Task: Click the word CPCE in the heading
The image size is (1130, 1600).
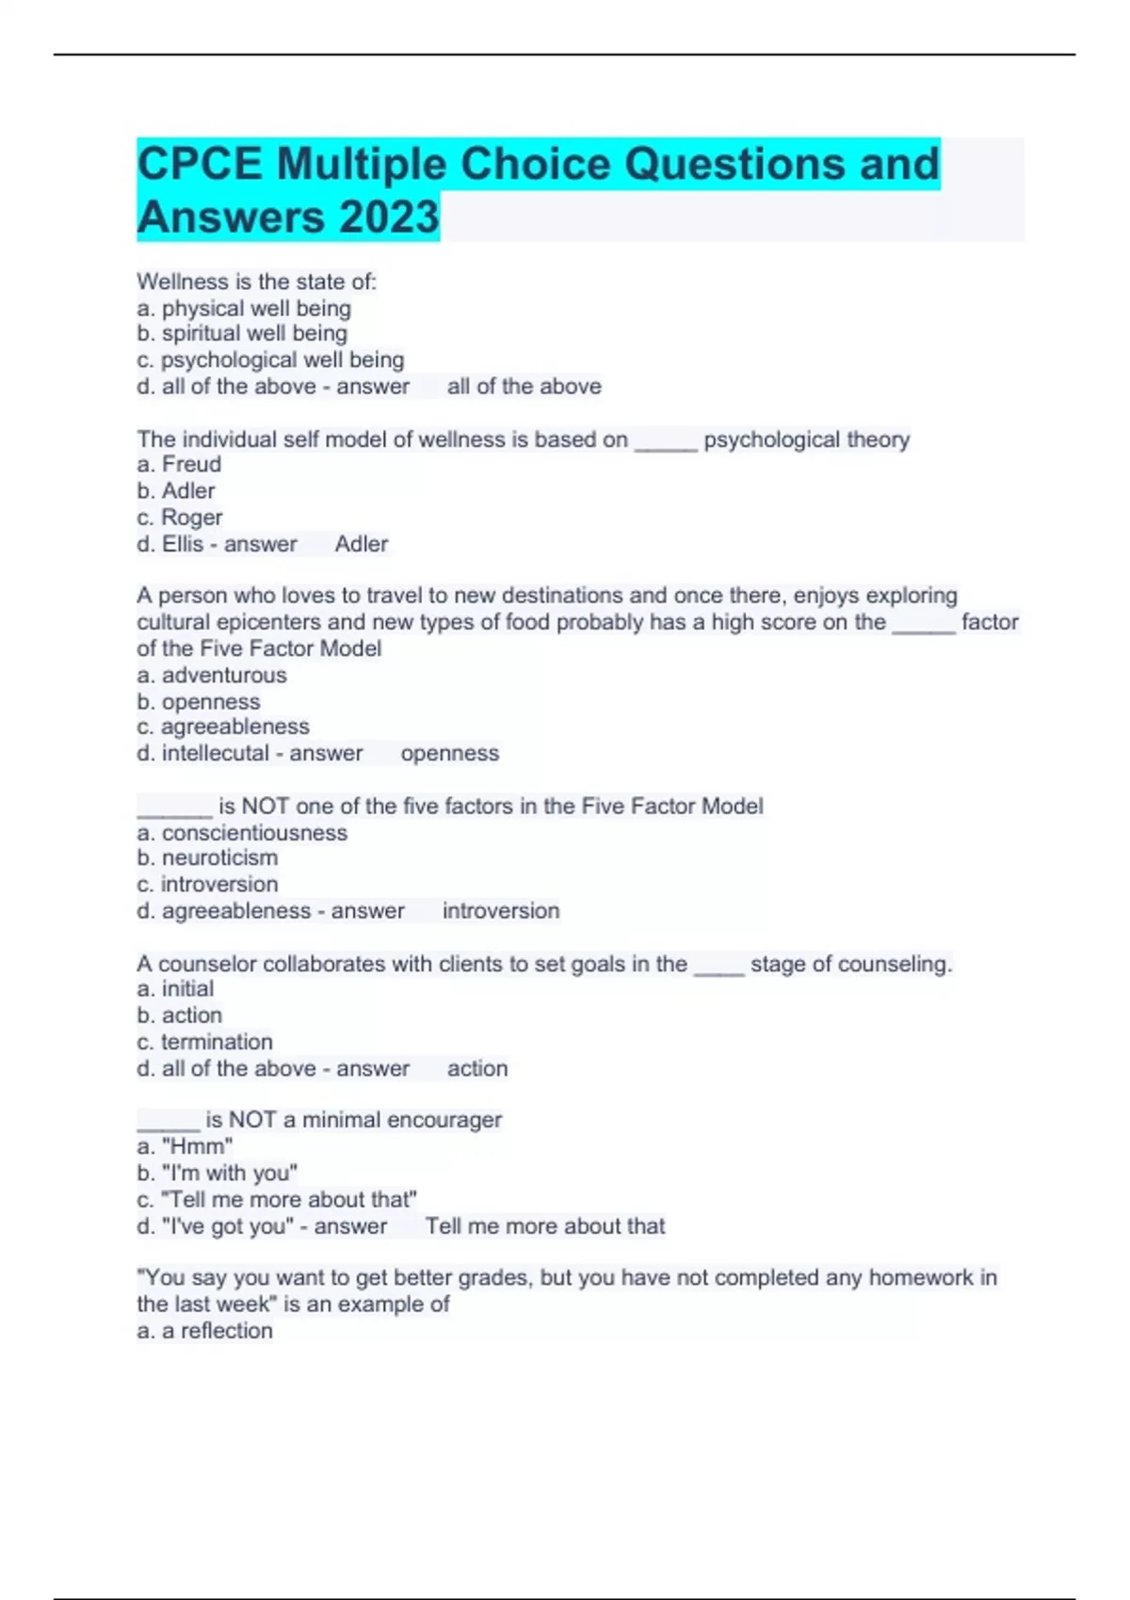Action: point(200,164)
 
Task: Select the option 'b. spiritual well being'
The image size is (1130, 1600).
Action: point(242,333)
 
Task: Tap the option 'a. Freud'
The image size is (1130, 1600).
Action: point(179,464)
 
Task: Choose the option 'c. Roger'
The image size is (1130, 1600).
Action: point(179,518)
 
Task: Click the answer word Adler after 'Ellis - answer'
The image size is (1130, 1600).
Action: point(362,544)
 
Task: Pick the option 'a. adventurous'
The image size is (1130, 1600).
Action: point(212,675)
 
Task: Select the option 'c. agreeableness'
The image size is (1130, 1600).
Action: point(223,727)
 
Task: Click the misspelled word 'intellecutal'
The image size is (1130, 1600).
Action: point(216,753)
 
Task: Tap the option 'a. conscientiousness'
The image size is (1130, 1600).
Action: point(242,833)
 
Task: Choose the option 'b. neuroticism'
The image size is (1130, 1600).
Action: point(207,857)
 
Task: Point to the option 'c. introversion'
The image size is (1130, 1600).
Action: point(207,884)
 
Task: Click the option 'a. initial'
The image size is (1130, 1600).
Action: point(175,988)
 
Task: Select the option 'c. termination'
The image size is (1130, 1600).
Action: point(204,1042)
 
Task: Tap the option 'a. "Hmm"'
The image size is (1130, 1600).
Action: point(185,1146)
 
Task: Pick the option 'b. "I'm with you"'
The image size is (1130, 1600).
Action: point(217,1173)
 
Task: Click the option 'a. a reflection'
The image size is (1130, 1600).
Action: point(204,1331)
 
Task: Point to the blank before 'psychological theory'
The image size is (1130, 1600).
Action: point(666,442)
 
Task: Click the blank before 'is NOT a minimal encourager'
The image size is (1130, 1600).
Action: point(169,1123)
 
